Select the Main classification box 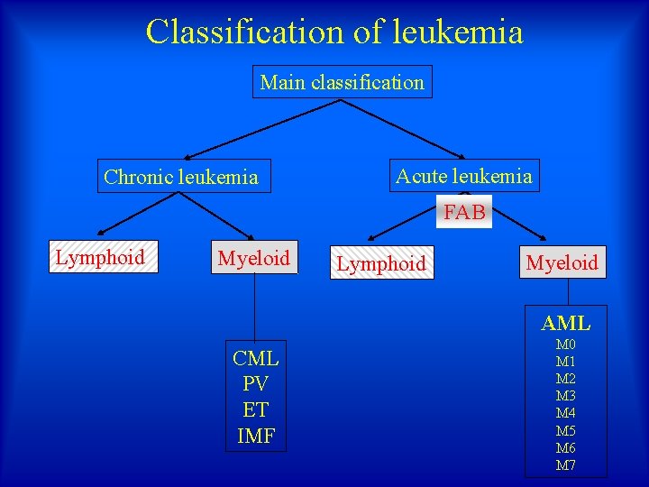[342, 82]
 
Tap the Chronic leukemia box [181, 177]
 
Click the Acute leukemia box [463, 176]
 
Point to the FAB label [464, 212]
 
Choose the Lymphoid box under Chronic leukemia [100, 257]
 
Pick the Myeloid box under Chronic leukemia [253, 258]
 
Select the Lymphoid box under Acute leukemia [381, 263]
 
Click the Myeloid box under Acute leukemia [562, 262]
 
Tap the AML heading [566, 323]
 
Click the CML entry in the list [256, 358]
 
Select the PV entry [256, 384]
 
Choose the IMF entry [256, 436]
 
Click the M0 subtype [566, 345]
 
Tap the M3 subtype [566, 396]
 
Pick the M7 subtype [566, 465]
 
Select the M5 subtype [566, 431]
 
